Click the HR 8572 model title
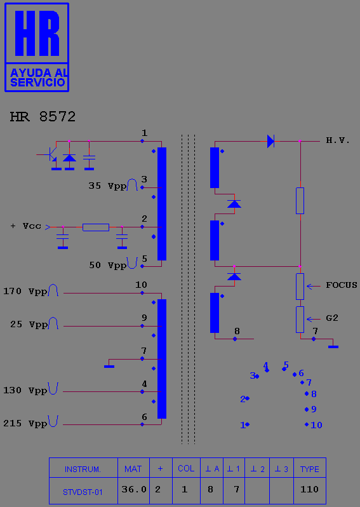click(x=43, y=117)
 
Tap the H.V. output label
click(x=338, y=140)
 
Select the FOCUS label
click(x=342, y=285)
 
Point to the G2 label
click(x=332, y=318)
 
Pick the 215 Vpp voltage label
click(x=25, y=423)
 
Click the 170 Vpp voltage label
click(x=25, y=292)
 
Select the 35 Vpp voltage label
click(x=107, y=186)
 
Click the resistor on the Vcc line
click(x=96, y=227)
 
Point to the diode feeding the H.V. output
click(x=271, y=141)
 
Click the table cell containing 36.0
click(x=133, y=490)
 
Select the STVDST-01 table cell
click(x=83, y=490)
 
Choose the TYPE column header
click(x=310, y=468)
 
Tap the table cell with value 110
click(x=310, y=490)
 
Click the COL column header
click(x=186, y=468)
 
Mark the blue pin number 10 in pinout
click(x=316, y=425)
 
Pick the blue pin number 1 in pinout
click(x=243, y=425)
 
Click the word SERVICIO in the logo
click(x=38, y=83)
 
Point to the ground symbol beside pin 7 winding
click(x=109, y=367)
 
